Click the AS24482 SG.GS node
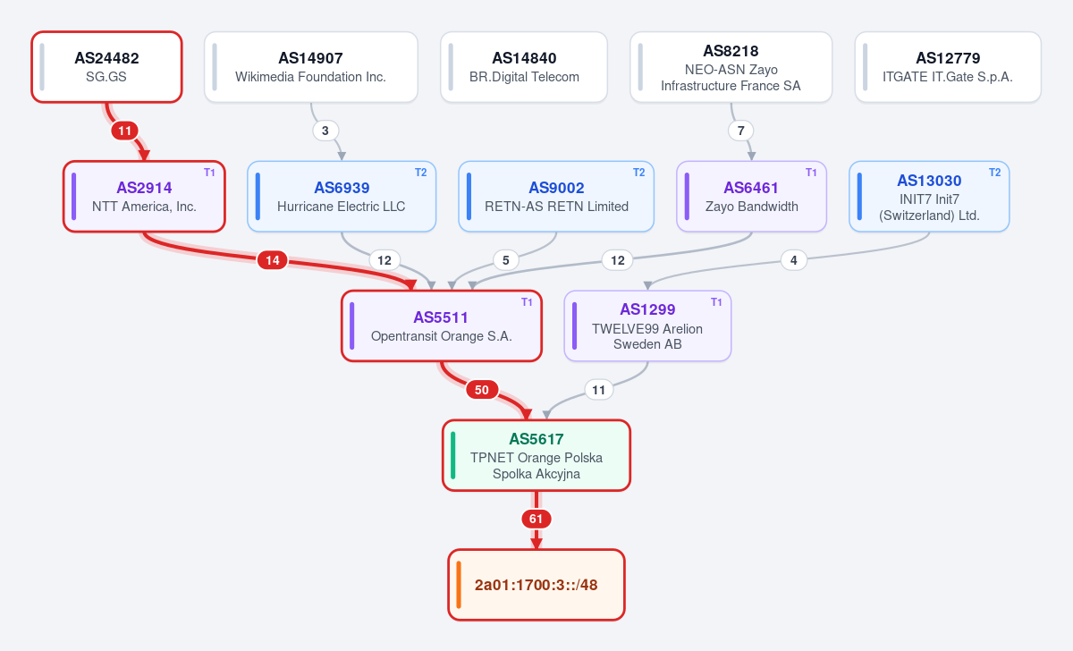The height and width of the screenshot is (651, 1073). [106, 67]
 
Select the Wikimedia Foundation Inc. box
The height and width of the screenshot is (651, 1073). [311, 67]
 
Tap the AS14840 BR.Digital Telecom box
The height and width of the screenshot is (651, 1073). [524, 67]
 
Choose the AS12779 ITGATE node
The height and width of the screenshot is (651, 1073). [948, 67]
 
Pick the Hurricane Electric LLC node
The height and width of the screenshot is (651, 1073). [342, 197]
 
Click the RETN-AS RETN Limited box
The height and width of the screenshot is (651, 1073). [556, 197]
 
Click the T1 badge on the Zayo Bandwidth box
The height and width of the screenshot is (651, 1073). [811, 173]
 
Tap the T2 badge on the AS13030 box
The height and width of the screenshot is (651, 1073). [995, 173]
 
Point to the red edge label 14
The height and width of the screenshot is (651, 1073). [272, 260]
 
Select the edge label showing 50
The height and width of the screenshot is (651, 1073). [481, 390]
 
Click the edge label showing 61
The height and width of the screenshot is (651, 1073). [536, 519]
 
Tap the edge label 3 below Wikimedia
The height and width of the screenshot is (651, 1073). [325, 131]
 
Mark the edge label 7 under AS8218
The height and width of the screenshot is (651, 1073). [740, 131]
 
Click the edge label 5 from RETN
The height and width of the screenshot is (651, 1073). [506, 260]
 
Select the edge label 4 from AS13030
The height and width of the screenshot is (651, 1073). [794, 260]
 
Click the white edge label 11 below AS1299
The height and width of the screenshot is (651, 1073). [599, 390]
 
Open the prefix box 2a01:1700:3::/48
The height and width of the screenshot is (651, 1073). [536, 585]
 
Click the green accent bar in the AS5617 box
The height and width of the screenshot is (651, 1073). [453, 455]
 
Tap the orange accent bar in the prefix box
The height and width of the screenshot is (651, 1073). [459, 585]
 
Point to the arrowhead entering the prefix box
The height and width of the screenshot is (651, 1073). [536, 543]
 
